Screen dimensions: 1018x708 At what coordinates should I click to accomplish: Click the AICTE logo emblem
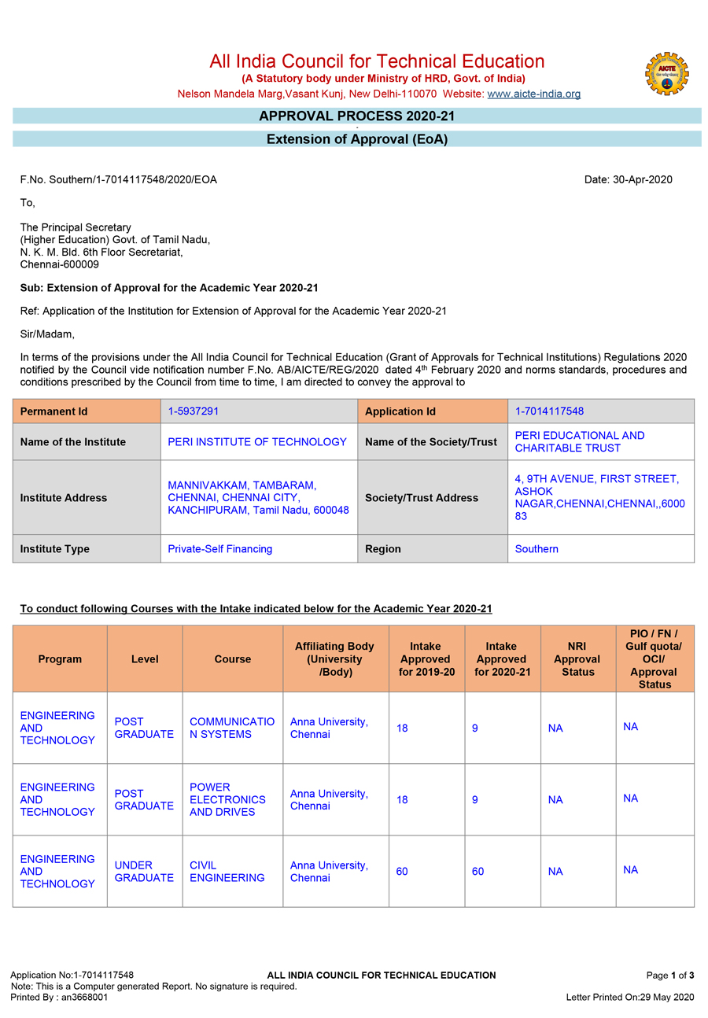pos(666,75)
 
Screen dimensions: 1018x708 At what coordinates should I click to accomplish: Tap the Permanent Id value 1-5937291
pos(194,411)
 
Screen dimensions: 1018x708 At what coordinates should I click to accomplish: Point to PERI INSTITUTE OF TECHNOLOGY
pos(257,442)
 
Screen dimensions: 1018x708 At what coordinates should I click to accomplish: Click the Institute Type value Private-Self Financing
pos(220,549)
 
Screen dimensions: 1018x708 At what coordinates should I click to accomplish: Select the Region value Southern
pos(537,549)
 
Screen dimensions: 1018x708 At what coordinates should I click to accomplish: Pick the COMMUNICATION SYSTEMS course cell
pos(232,728)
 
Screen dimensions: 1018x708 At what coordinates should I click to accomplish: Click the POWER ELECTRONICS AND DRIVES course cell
pos(227,799)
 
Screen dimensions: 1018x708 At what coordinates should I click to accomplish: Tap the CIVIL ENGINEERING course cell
pos(227,872)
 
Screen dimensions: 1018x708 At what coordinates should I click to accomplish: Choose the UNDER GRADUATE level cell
pos(144,872)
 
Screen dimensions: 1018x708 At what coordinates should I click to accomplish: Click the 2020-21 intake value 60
pos(478,872)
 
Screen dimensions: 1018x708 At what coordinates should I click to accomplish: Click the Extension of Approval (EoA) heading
pos(356,139)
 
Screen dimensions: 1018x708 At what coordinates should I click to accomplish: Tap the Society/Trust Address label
pos(422,498)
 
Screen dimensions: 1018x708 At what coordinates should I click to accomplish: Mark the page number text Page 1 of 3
pos(670,976)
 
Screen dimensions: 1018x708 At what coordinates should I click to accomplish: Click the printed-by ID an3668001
pos(83,998)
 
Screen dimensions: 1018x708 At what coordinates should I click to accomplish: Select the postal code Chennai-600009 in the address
pos(60,264)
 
